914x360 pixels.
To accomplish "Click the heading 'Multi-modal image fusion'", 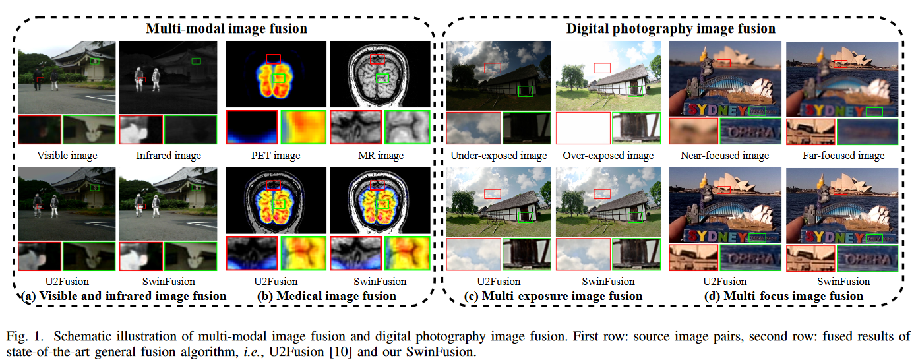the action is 226,28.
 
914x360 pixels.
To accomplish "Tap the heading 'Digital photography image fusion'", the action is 671,28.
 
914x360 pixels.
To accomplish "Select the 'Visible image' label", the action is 67,156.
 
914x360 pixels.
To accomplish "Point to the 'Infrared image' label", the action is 168,156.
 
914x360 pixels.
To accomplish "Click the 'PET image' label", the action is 277,156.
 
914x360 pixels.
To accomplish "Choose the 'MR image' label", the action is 379,156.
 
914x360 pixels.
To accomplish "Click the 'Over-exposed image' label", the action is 608,156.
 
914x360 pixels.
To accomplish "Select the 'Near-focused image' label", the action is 725,156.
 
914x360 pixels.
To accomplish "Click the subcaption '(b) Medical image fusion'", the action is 327,296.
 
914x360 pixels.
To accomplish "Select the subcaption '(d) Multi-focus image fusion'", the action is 784,296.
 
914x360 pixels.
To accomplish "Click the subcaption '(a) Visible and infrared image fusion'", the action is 123,296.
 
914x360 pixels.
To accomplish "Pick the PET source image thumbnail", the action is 277,74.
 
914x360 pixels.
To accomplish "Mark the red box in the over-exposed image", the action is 601,67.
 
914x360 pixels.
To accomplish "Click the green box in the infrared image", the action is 196,61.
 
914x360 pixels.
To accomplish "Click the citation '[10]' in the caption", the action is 338,351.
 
